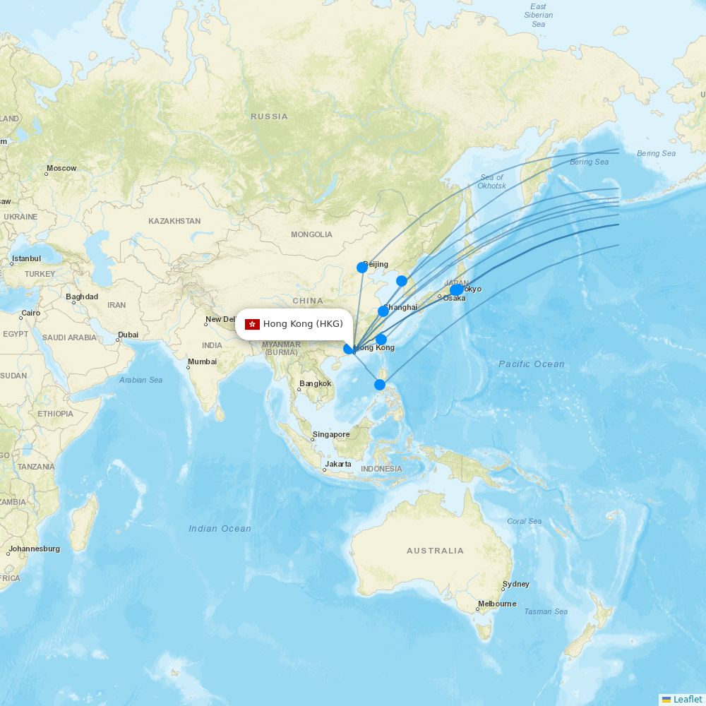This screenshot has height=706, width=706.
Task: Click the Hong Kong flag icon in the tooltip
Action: pos(252,324)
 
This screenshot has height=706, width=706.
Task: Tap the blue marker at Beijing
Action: pos(362,268)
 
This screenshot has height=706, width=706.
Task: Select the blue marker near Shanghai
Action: pos(383,311)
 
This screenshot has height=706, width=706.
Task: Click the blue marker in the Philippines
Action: pos(380,385)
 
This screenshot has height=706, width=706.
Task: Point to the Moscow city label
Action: pos(61,169)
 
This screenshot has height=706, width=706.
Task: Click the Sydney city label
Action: pos(515,585)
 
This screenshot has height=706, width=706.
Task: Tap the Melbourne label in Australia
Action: pos(496,604)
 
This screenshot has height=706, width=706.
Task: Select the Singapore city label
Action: pos(331,435)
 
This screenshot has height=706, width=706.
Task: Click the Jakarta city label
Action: pos(338,465)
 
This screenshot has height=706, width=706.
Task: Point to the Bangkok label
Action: pos(315,384)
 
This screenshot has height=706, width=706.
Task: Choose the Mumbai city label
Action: pos(202,362)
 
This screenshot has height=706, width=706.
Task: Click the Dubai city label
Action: pos(128,335)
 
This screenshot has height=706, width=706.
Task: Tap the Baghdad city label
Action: pos(82,297)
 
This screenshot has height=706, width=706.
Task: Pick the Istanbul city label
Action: pos(26,259)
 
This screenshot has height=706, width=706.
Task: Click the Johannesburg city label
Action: pos(34,549)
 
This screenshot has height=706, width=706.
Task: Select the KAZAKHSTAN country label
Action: pos(174,221)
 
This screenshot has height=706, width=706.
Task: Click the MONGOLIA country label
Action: pos(311,234)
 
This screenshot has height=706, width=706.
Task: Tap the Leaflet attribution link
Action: pos(687,699)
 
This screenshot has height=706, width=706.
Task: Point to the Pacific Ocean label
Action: pos(532,364)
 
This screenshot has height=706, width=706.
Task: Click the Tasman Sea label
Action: pos(546,612)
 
